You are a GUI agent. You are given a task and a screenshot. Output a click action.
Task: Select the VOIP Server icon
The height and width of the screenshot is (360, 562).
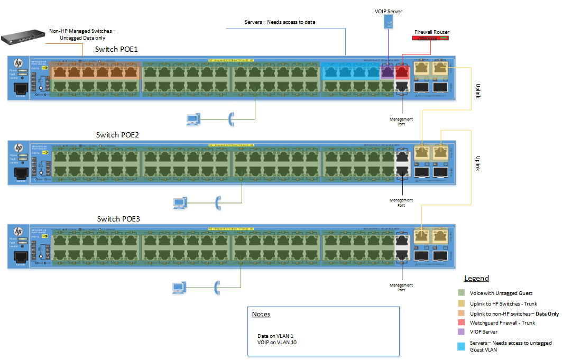(x=389, y=22)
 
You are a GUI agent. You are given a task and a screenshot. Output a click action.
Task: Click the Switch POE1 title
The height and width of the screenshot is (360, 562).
(x=117, y=49)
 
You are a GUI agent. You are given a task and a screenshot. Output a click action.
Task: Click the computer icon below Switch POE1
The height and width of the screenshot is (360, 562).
(x=193, y=119)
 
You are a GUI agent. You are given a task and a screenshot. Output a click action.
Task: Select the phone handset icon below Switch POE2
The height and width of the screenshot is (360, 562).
(x=217, y=202)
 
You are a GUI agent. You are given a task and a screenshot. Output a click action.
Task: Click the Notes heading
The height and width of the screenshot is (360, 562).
(x=261, y=314)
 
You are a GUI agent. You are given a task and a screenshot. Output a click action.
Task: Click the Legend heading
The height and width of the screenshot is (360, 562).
(x=476, y=278)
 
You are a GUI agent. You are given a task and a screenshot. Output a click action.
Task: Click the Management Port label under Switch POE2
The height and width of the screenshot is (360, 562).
(x=401, y=202)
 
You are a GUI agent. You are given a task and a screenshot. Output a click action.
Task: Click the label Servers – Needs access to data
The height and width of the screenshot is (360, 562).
(x=280, y=22)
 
